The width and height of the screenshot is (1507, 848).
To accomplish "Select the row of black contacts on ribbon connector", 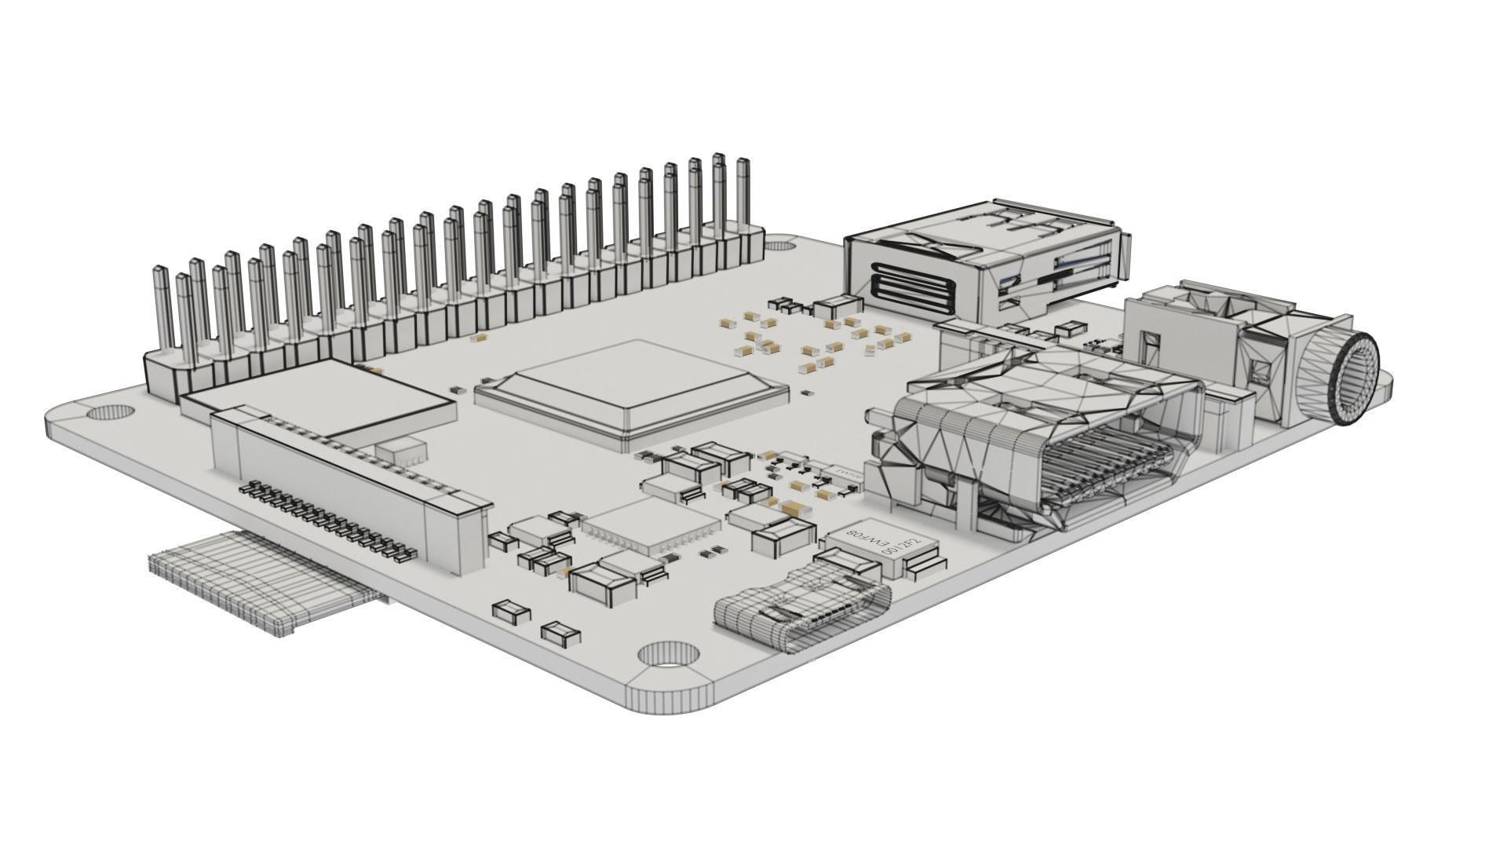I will pos(330,522).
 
